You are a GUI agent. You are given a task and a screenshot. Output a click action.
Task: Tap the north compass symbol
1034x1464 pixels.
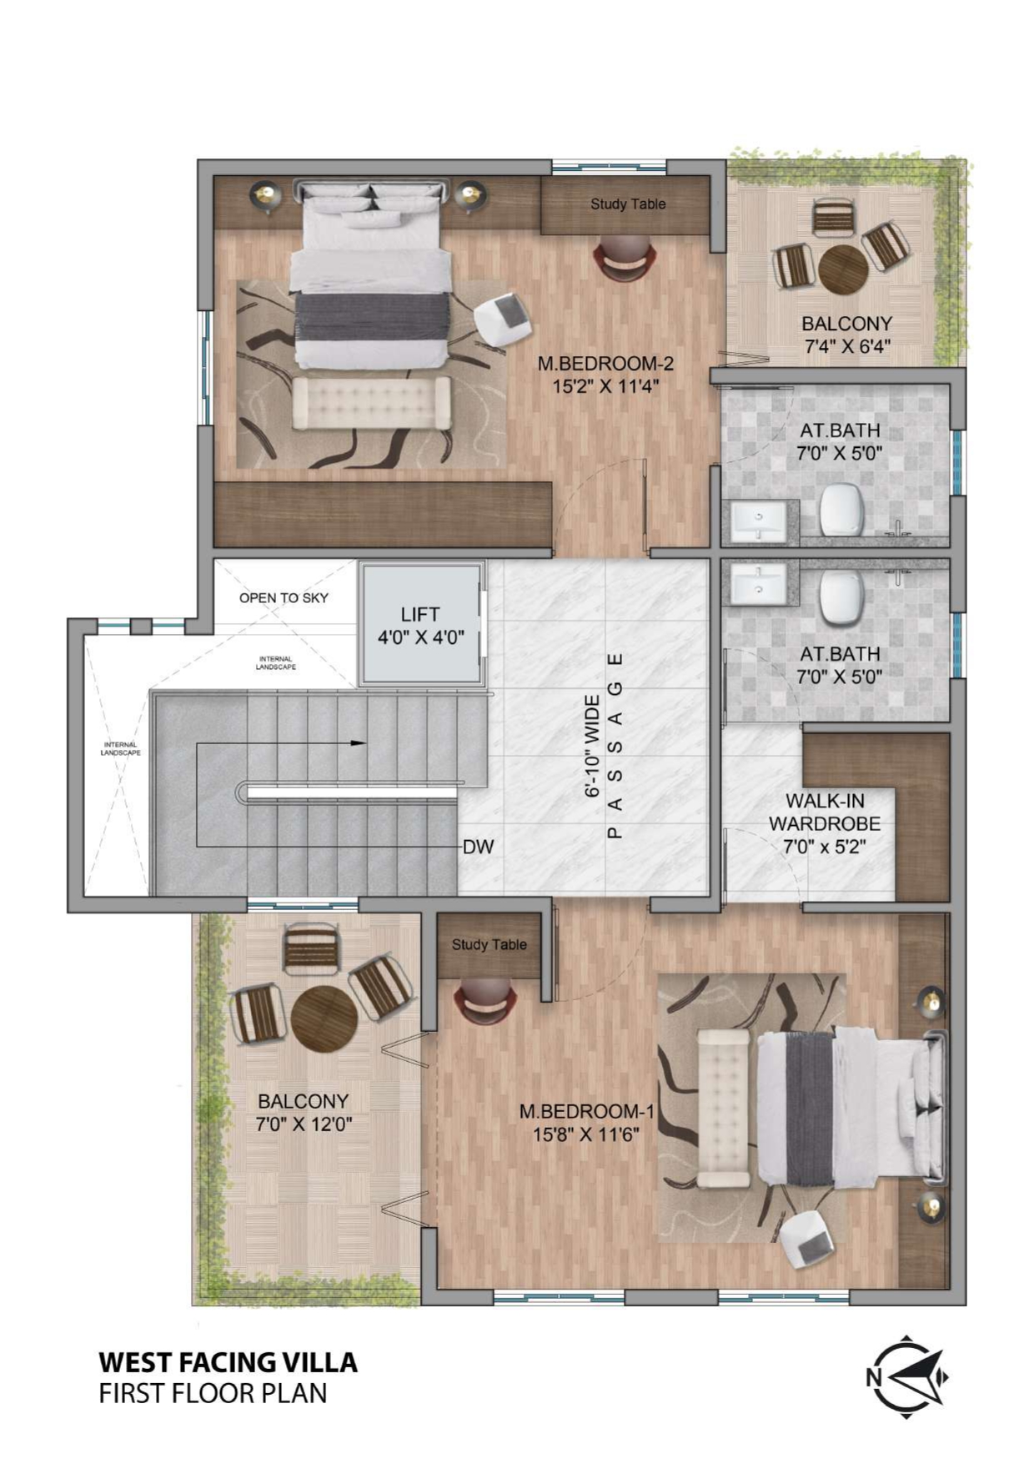906,1376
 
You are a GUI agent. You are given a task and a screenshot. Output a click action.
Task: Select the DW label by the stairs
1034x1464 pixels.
479,847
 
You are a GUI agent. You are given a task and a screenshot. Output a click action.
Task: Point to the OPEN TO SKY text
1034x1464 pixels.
284,597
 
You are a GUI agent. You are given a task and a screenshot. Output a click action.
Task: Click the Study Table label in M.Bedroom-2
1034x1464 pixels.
628,204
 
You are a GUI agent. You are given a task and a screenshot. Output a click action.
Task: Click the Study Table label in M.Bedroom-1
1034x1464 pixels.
489,944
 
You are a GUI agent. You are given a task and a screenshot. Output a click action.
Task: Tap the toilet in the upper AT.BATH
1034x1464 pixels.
841,509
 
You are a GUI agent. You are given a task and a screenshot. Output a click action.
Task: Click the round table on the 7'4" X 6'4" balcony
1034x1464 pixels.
844,269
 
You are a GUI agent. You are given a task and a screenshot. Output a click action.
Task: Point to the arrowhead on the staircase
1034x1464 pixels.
359,742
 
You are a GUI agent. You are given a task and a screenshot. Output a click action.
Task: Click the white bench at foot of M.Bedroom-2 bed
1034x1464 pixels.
372,403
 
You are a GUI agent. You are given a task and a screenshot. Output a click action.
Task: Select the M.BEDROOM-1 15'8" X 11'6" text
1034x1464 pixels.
586,1122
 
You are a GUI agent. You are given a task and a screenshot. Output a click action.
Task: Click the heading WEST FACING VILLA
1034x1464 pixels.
228,1362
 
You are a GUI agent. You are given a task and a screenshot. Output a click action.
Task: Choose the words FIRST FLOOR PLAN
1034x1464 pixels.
213,1394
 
